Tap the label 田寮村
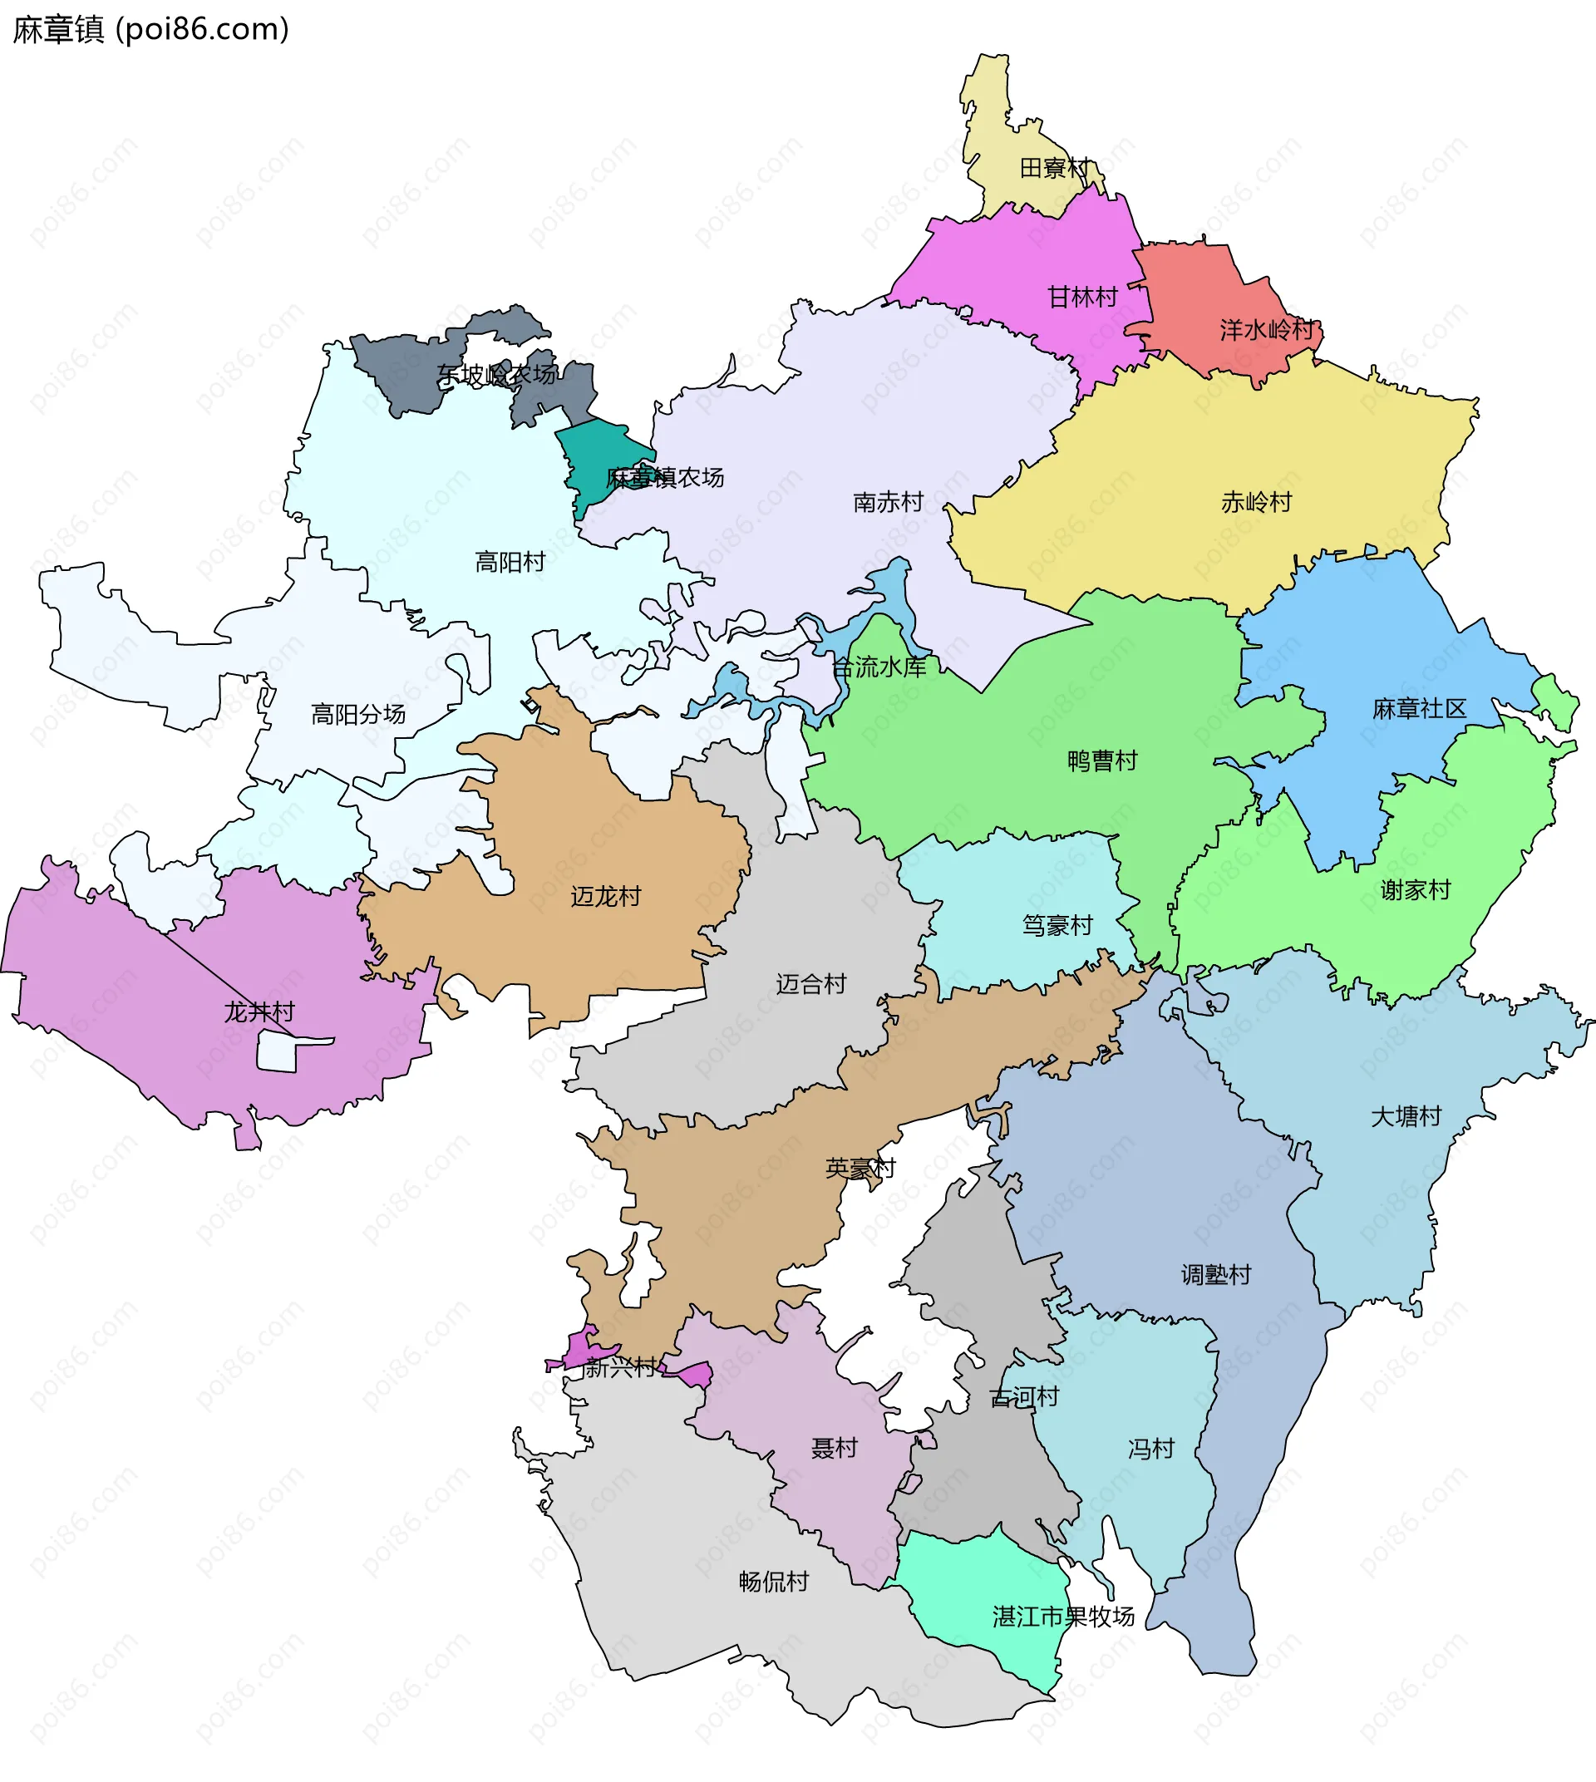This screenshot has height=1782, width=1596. (x=1055, y=168)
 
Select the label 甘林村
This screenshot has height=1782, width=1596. (x=1083, y=298)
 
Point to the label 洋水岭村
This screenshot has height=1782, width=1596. (x=1266, y=330)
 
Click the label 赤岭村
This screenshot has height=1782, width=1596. (x=1257, y=503)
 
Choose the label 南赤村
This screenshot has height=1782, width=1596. (x=889, y=503)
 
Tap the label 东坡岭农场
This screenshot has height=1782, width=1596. (x=496, y=376)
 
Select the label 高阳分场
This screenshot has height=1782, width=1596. (x=357, y=715)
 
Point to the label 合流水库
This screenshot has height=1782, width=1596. (x=879, y=667)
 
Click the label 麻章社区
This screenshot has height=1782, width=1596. (x=1419, y=709)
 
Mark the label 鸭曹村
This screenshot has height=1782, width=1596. (x=1102, y=761)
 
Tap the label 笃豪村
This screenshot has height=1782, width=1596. (x=1057, y=925)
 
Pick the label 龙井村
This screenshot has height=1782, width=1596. (x=259, y=1012)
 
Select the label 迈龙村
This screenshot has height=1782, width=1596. (x=606, y=896)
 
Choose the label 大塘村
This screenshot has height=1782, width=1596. (x=1406, y=1116)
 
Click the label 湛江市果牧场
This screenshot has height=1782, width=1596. (x=1063, y=1617)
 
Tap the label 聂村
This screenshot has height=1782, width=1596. (x=834, y=1448)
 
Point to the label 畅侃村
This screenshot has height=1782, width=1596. (x=773, y=1582)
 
